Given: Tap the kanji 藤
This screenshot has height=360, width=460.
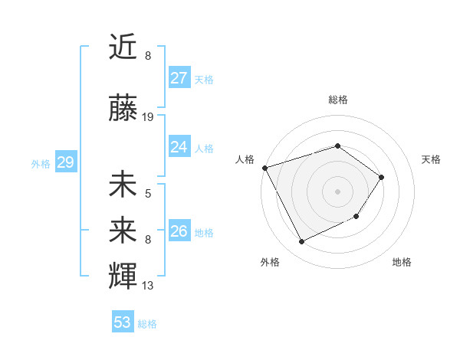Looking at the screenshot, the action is pos(123,108).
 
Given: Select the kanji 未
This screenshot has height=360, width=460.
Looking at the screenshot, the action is pos(123,185).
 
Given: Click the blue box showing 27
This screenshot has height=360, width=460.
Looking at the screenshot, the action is pos(179,78).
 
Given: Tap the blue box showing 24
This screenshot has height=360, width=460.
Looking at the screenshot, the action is pos(179,147).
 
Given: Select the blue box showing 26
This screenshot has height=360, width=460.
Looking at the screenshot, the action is pos(179,231).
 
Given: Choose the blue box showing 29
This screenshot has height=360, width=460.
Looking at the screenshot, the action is pos(65,163).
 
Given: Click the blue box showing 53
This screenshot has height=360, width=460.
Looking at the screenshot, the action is pos(123,322).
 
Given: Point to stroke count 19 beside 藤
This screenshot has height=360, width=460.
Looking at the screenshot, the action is pos(148,117).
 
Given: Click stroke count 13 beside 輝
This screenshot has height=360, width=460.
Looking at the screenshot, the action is pos(148,286).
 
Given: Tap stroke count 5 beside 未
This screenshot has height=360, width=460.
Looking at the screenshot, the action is pos(148,194).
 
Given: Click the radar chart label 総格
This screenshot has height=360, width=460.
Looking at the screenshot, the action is pos(338,100).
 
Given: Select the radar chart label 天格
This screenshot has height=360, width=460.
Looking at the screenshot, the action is pos(432,159).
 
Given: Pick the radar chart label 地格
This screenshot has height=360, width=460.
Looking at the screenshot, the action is pos(402,262).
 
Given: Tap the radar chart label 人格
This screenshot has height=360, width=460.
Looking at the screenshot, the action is pos(245,159).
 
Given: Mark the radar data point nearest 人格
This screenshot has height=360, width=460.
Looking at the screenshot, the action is pos(264,168).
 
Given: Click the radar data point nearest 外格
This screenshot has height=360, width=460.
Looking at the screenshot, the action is pos(301,242).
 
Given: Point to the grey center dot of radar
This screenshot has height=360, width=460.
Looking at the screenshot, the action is pos(337,191).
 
